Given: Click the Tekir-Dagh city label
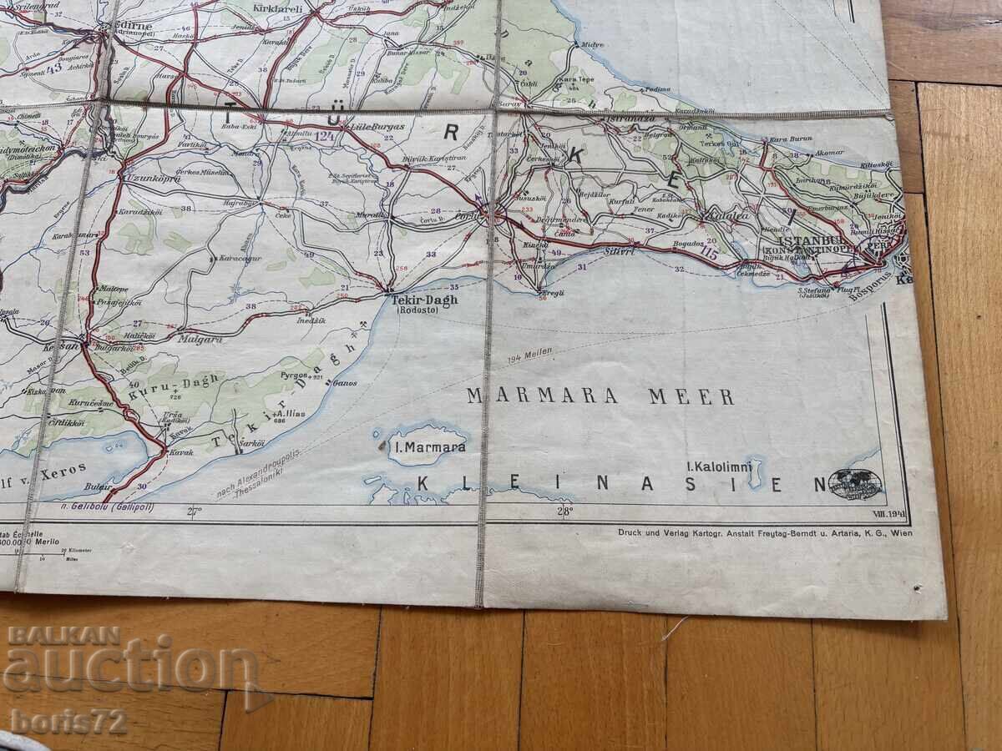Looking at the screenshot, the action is pyautogui.click(x=424, y=300).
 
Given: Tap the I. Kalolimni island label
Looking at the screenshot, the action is pyautogui.click(x=718, y=464).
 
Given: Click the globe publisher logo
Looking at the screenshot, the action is pyautogui.click(x=855, y=484).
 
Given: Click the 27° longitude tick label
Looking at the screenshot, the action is pyautogui.click(x=194, y=512).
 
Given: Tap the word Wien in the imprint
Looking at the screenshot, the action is pyautogui.click(x=902, y=532).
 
